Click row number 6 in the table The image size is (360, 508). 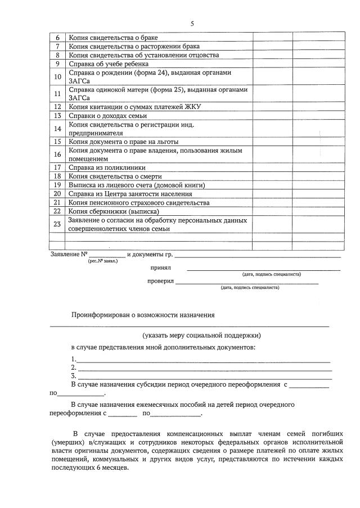57,38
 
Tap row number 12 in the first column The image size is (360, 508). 57,106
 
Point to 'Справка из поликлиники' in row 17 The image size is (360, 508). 107,167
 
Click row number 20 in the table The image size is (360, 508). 57,193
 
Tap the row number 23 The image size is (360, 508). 57,224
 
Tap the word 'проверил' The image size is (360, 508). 161,281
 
